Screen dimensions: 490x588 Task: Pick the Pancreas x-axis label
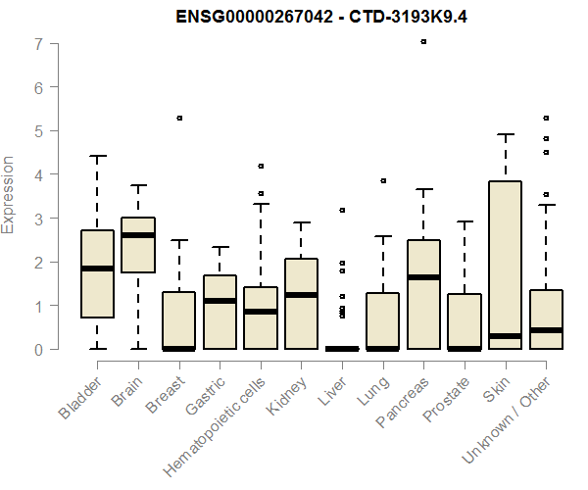[x=402, y=402]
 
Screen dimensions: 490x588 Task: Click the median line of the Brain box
[x=138, y=235]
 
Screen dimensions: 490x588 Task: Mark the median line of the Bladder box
[x=97, y=269]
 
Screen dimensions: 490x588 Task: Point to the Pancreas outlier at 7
[x=423, y=42]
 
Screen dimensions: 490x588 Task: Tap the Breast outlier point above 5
[x=179, y=118]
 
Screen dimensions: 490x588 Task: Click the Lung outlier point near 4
[x=383, y=181]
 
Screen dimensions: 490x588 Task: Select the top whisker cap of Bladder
[x=97, y=156]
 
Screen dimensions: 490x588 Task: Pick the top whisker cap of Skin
[x=506, y=134]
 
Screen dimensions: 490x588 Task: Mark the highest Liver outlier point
[x=342, y=210]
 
